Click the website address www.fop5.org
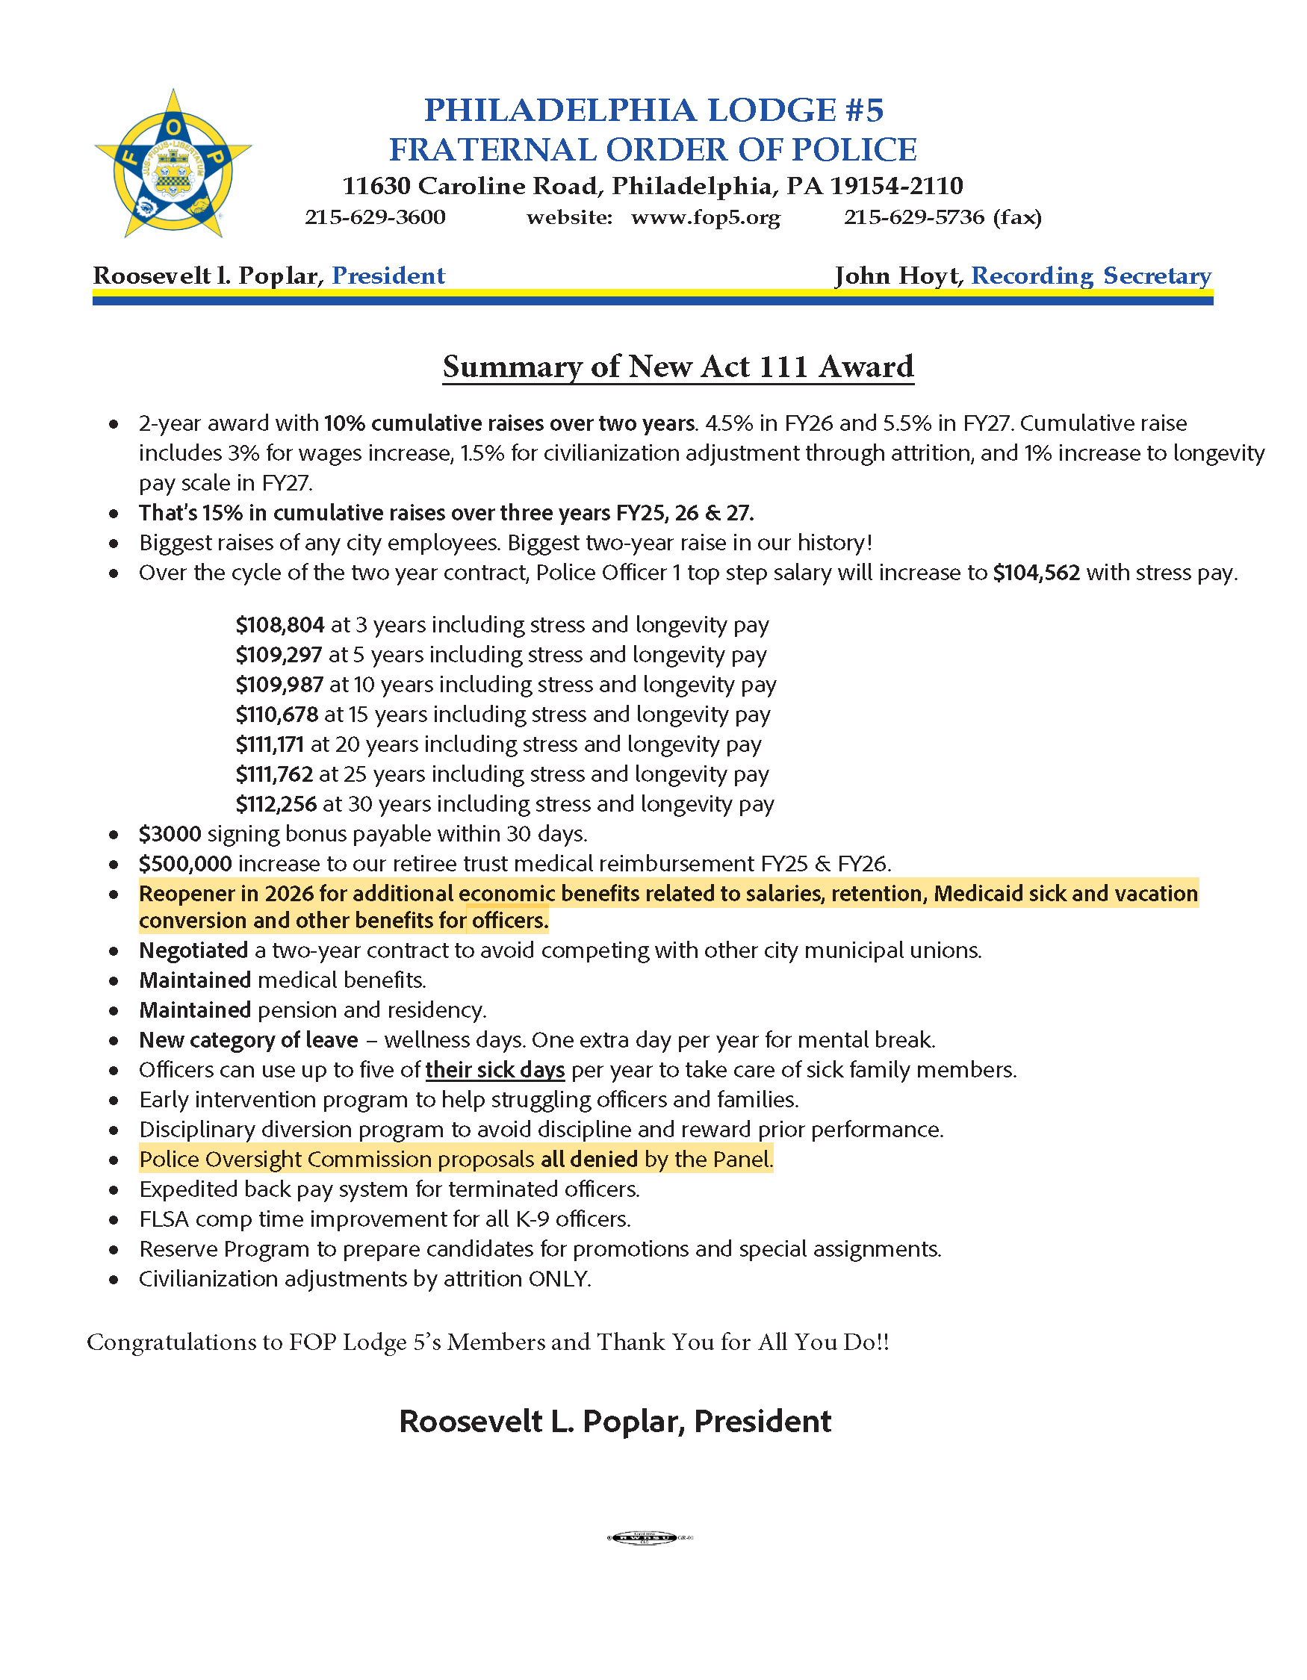[x=706, y=218]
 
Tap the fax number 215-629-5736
[x=914, y=218]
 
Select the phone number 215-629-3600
[x=375, y=218]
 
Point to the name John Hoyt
[x=897, y=276]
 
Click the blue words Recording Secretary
[x=1090, y=276]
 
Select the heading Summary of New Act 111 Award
[x=677, y=367]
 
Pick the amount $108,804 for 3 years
[x=280, y=625]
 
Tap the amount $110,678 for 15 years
[x=277, y=715]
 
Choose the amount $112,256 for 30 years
[x=276, y=805]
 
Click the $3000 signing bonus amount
[x=170, y=834]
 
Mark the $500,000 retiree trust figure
[x=185, y=864]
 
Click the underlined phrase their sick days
[x=494, y=1070]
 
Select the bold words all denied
[x=589, y=1160]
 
